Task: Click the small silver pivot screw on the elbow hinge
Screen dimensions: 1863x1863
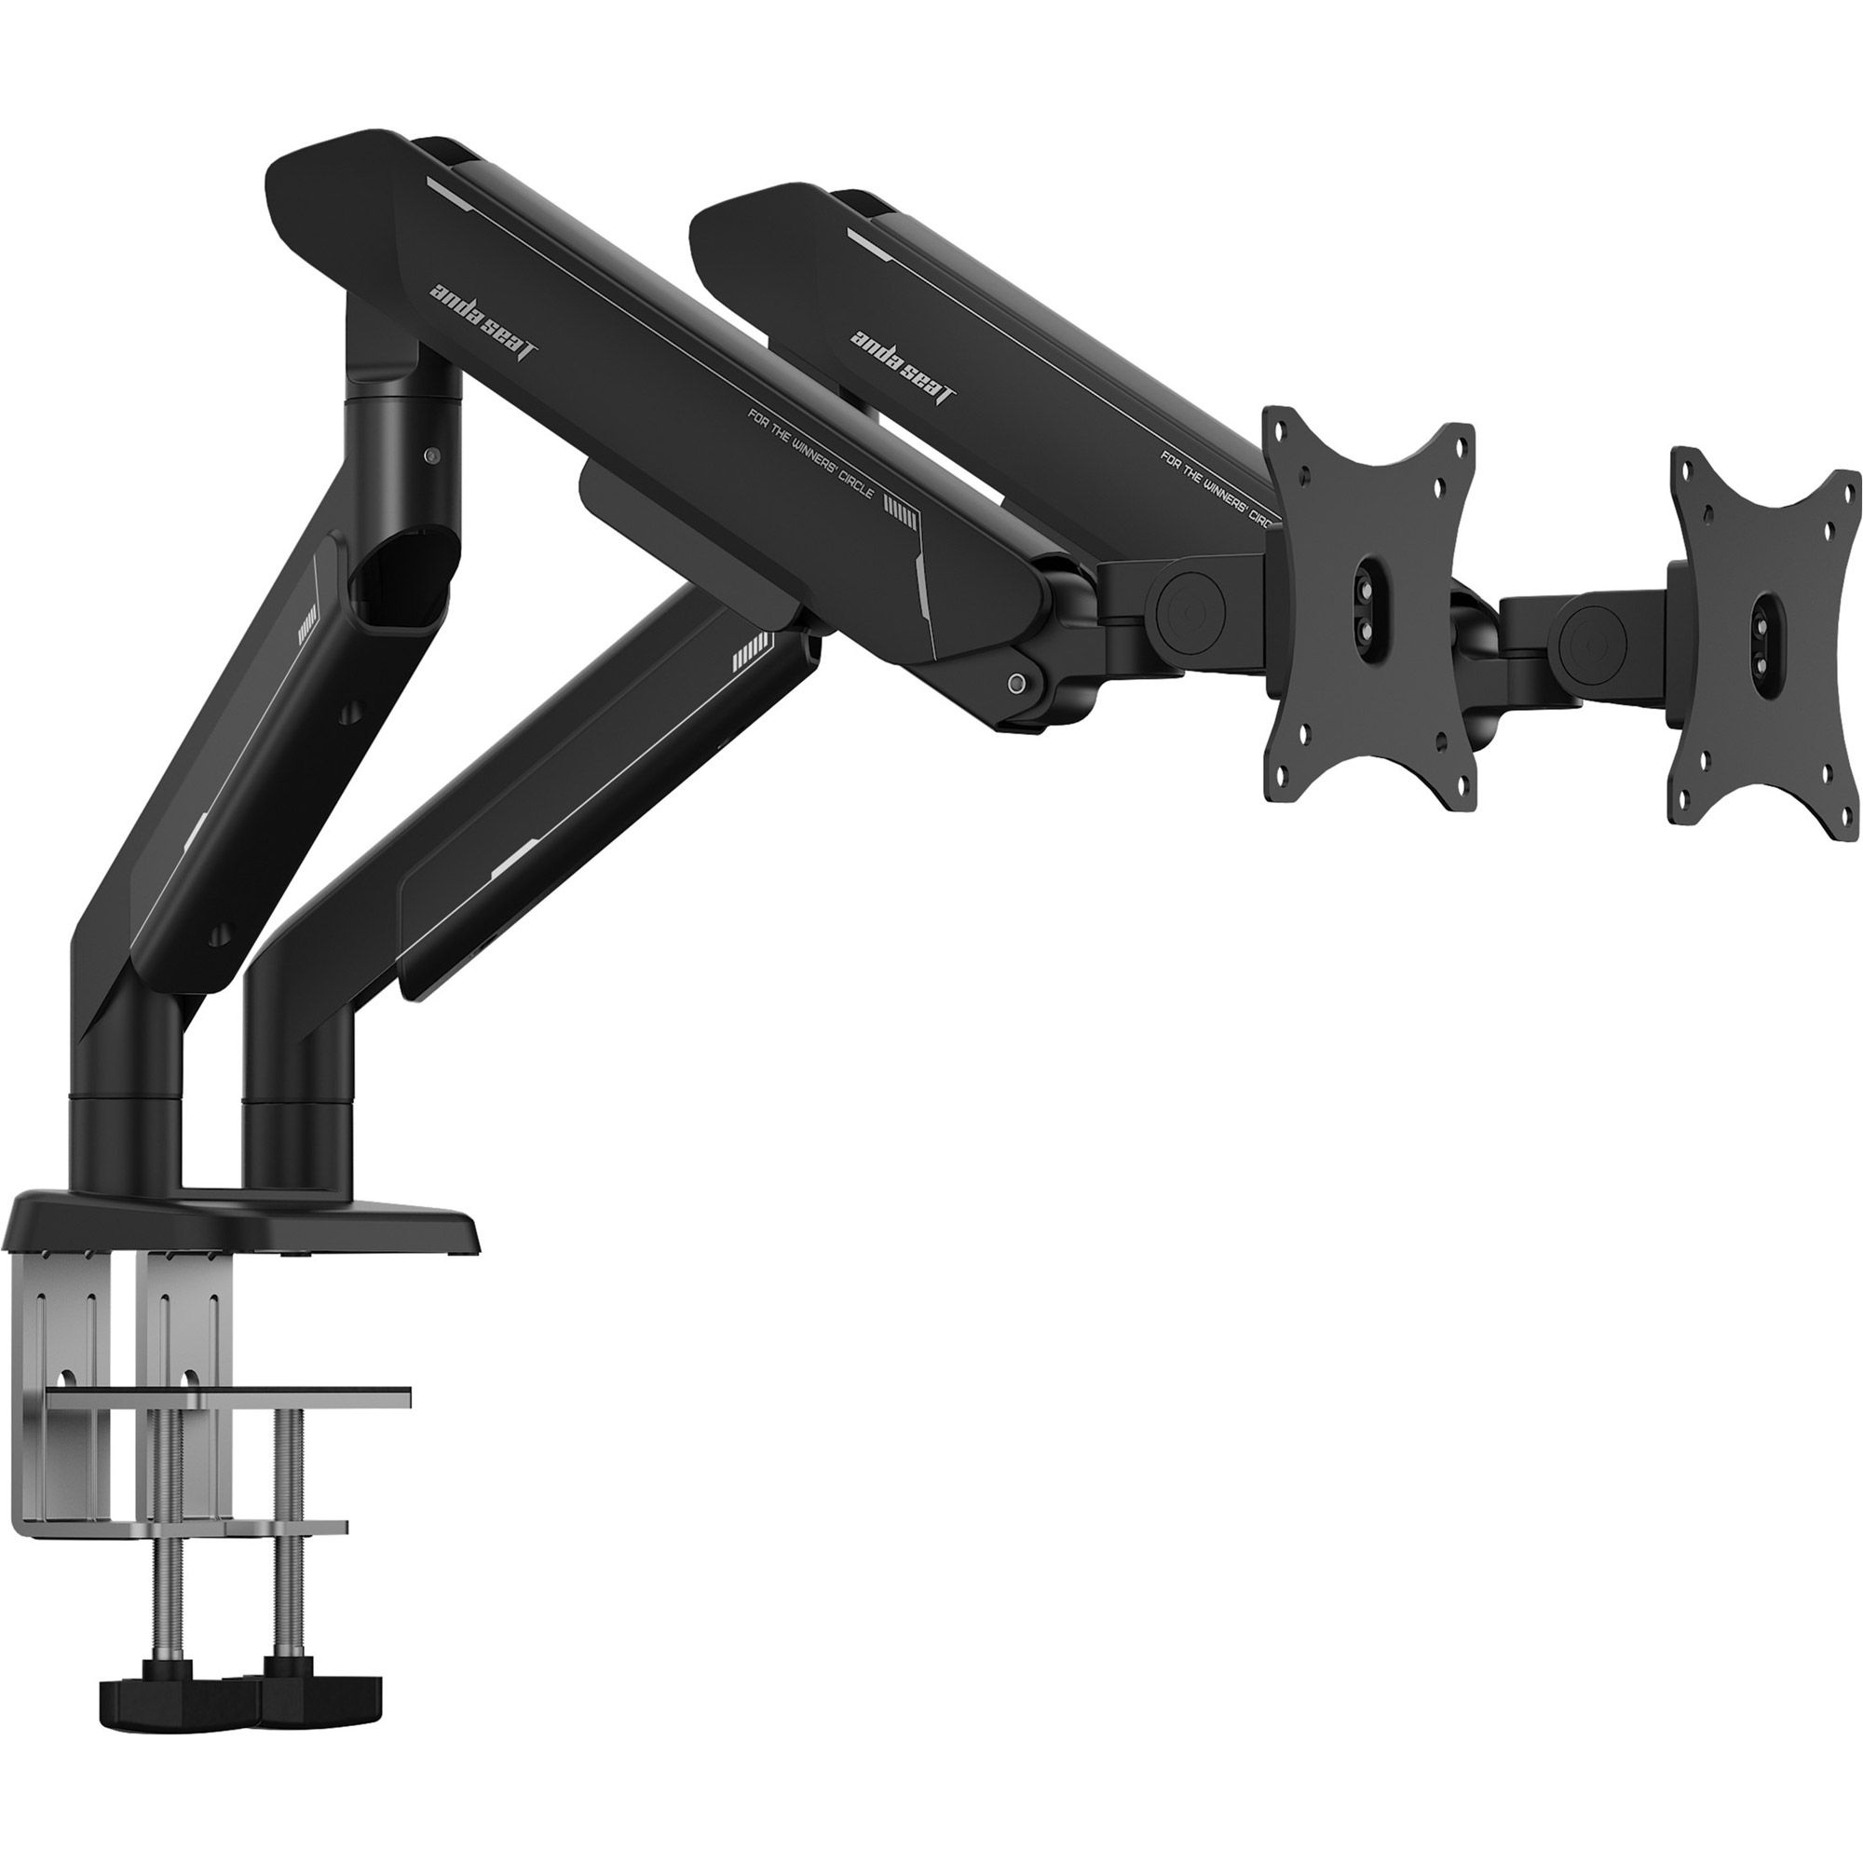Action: [x=1013, y=684]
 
